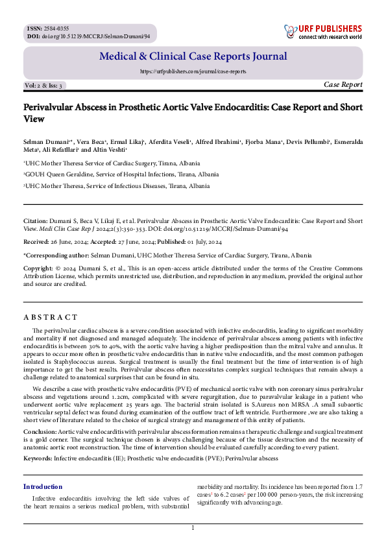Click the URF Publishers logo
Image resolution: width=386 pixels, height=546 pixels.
point(322,31)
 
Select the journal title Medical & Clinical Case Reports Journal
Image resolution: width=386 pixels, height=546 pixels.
point(193,56)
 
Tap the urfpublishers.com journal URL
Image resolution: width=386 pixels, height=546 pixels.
point(193,72)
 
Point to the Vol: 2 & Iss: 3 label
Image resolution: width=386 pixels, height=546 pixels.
point(44,86)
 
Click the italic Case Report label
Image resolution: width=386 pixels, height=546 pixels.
point(343,85)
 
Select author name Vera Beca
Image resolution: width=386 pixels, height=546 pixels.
point(75,141)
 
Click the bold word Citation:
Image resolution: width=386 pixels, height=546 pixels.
point(36,220)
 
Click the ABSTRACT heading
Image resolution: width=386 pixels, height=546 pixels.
point(51,317)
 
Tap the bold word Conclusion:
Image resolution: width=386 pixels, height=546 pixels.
point(40,431)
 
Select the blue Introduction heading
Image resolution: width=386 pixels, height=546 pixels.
point(43,486)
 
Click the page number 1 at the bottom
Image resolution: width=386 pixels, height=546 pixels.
point(193,528)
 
